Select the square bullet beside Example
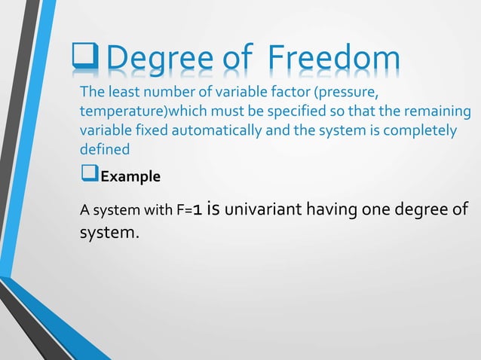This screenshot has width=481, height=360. pyautogui.click(x=90, y=176)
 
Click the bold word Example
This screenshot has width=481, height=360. pyautogui.click(x=130, y=178)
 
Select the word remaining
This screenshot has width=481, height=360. pyautogui.click(x=440, y=112)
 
